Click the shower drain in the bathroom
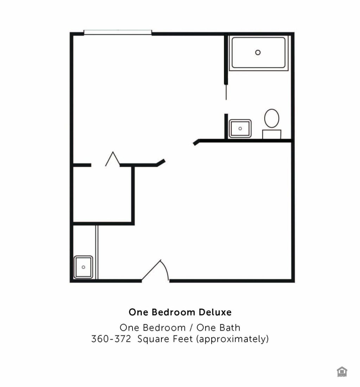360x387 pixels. pos(258,52)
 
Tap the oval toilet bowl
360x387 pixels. pos(272,118)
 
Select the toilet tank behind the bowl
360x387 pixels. pos(272,134)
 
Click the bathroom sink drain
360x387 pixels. pos(240,129)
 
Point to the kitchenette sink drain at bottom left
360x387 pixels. pos(83,267)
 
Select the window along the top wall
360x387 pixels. pos(118,32)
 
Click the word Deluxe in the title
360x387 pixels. pos(215,312)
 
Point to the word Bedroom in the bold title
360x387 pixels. pos(173,312)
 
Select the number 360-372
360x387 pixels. pos(111,339)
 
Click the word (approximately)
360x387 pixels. pos(232,339)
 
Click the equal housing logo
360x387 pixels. pos(342,372)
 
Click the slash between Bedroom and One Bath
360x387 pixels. pos(191,328)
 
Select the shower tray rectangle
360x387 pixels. pos(258,53)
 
